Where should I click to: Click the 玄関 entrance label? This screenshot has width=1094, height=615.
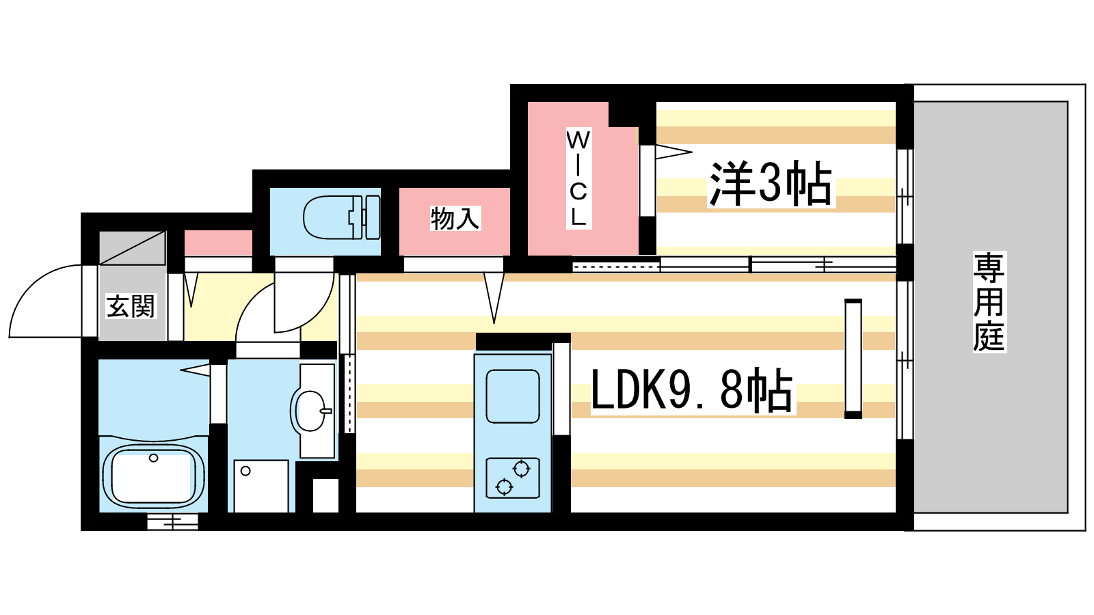tap(131, 305)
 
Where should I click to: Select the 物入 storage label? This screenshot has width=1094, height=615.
tap(455, 219)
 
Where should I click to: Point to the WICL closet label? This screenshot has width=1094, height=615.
tap(578, 178)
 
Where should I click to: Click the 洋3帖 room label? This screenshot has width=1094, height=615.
tap(771, 183)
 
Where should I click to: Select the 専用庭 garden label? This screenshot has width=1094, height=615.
tap(989, 301)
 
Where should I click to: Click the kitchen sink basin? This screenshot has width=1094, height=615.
tap(512, 396)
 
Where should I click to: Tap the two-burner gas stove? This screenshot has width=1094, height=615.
tap(512, 477)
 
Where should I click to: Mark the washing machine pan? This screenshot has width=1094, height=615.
tap(261, 486)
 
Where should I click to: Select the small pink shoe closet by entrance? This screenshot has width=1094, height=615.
tap(218, 243)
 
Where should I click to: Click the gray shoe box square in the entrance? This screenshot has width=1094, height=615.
tap(133, 247)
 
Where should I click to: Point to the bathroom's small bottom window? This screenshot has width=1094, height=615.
tap(172, 522)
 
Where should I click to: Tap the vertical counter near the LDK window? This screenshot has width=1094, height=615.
tap(853, 358)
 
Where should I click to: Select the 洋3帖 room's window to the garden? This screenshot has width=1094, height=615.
tap(904, 196)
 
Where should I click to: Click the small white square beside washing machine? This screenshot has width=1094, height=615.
tap(325, 495)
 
